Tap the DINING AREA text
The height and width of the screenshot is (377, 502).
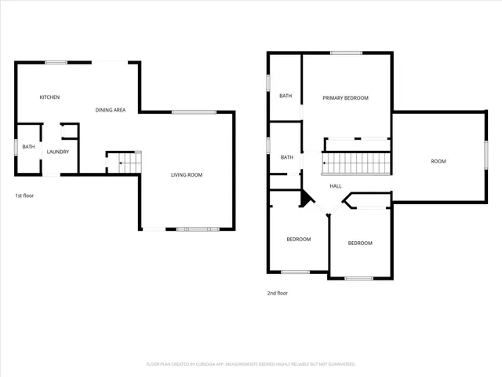click(111, 110)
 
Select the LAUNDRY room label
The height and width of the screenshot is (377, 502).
click(58, 152)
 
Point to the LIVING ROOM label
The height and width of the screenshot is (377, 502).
click(187, 174)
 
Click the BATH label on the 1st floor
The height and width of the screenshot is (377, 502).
click(28, 147)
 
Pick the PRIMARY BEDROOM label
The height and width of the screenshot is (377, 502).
click(345, 98)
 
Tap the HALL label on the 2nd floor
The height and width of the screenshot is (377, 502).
click(335, 186)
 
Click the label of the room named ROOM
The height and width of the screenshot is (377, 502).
click(438, 161)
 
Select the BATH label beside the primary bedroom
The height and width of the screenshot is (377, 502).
click(286, 96)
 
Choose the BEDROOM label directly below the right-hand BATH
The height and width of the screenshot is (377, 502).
click(298, 240)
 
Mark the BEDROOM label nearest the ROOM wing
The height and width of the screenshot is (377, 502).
click(360, 243)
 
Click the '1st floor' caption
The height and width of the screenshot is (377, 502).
click(24, 196)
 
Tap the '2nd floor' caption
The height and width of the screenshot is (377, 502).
click(278, 293)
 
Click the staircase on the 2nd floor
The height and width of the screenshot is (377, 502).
click(356, 164)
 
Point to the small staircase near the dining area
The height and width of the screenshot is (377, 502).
click(125, 163)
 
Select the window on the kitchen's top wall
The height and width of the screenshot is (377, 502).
click(55, 62)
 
